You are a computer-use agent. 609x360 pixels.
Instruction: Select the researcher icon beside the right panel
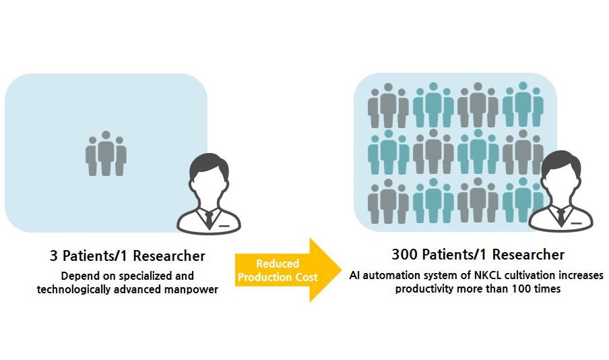pos(561,192)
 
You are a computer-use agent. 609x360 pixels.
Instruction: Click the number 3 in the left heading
pos(54,256)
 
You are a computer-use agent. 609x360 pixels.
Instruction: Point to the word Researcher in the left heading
pos(170,256)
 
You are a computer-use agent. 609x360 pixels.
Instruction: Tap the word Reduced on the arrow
pos(277,263)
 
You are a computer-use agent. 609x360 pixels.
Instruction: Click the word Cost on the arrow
pos(304,277)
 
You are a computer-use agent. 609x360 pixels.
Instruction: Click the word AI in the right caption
pos(356,276)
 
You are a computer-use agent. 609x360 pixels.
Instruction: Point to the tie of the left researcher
pos(209,217)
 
